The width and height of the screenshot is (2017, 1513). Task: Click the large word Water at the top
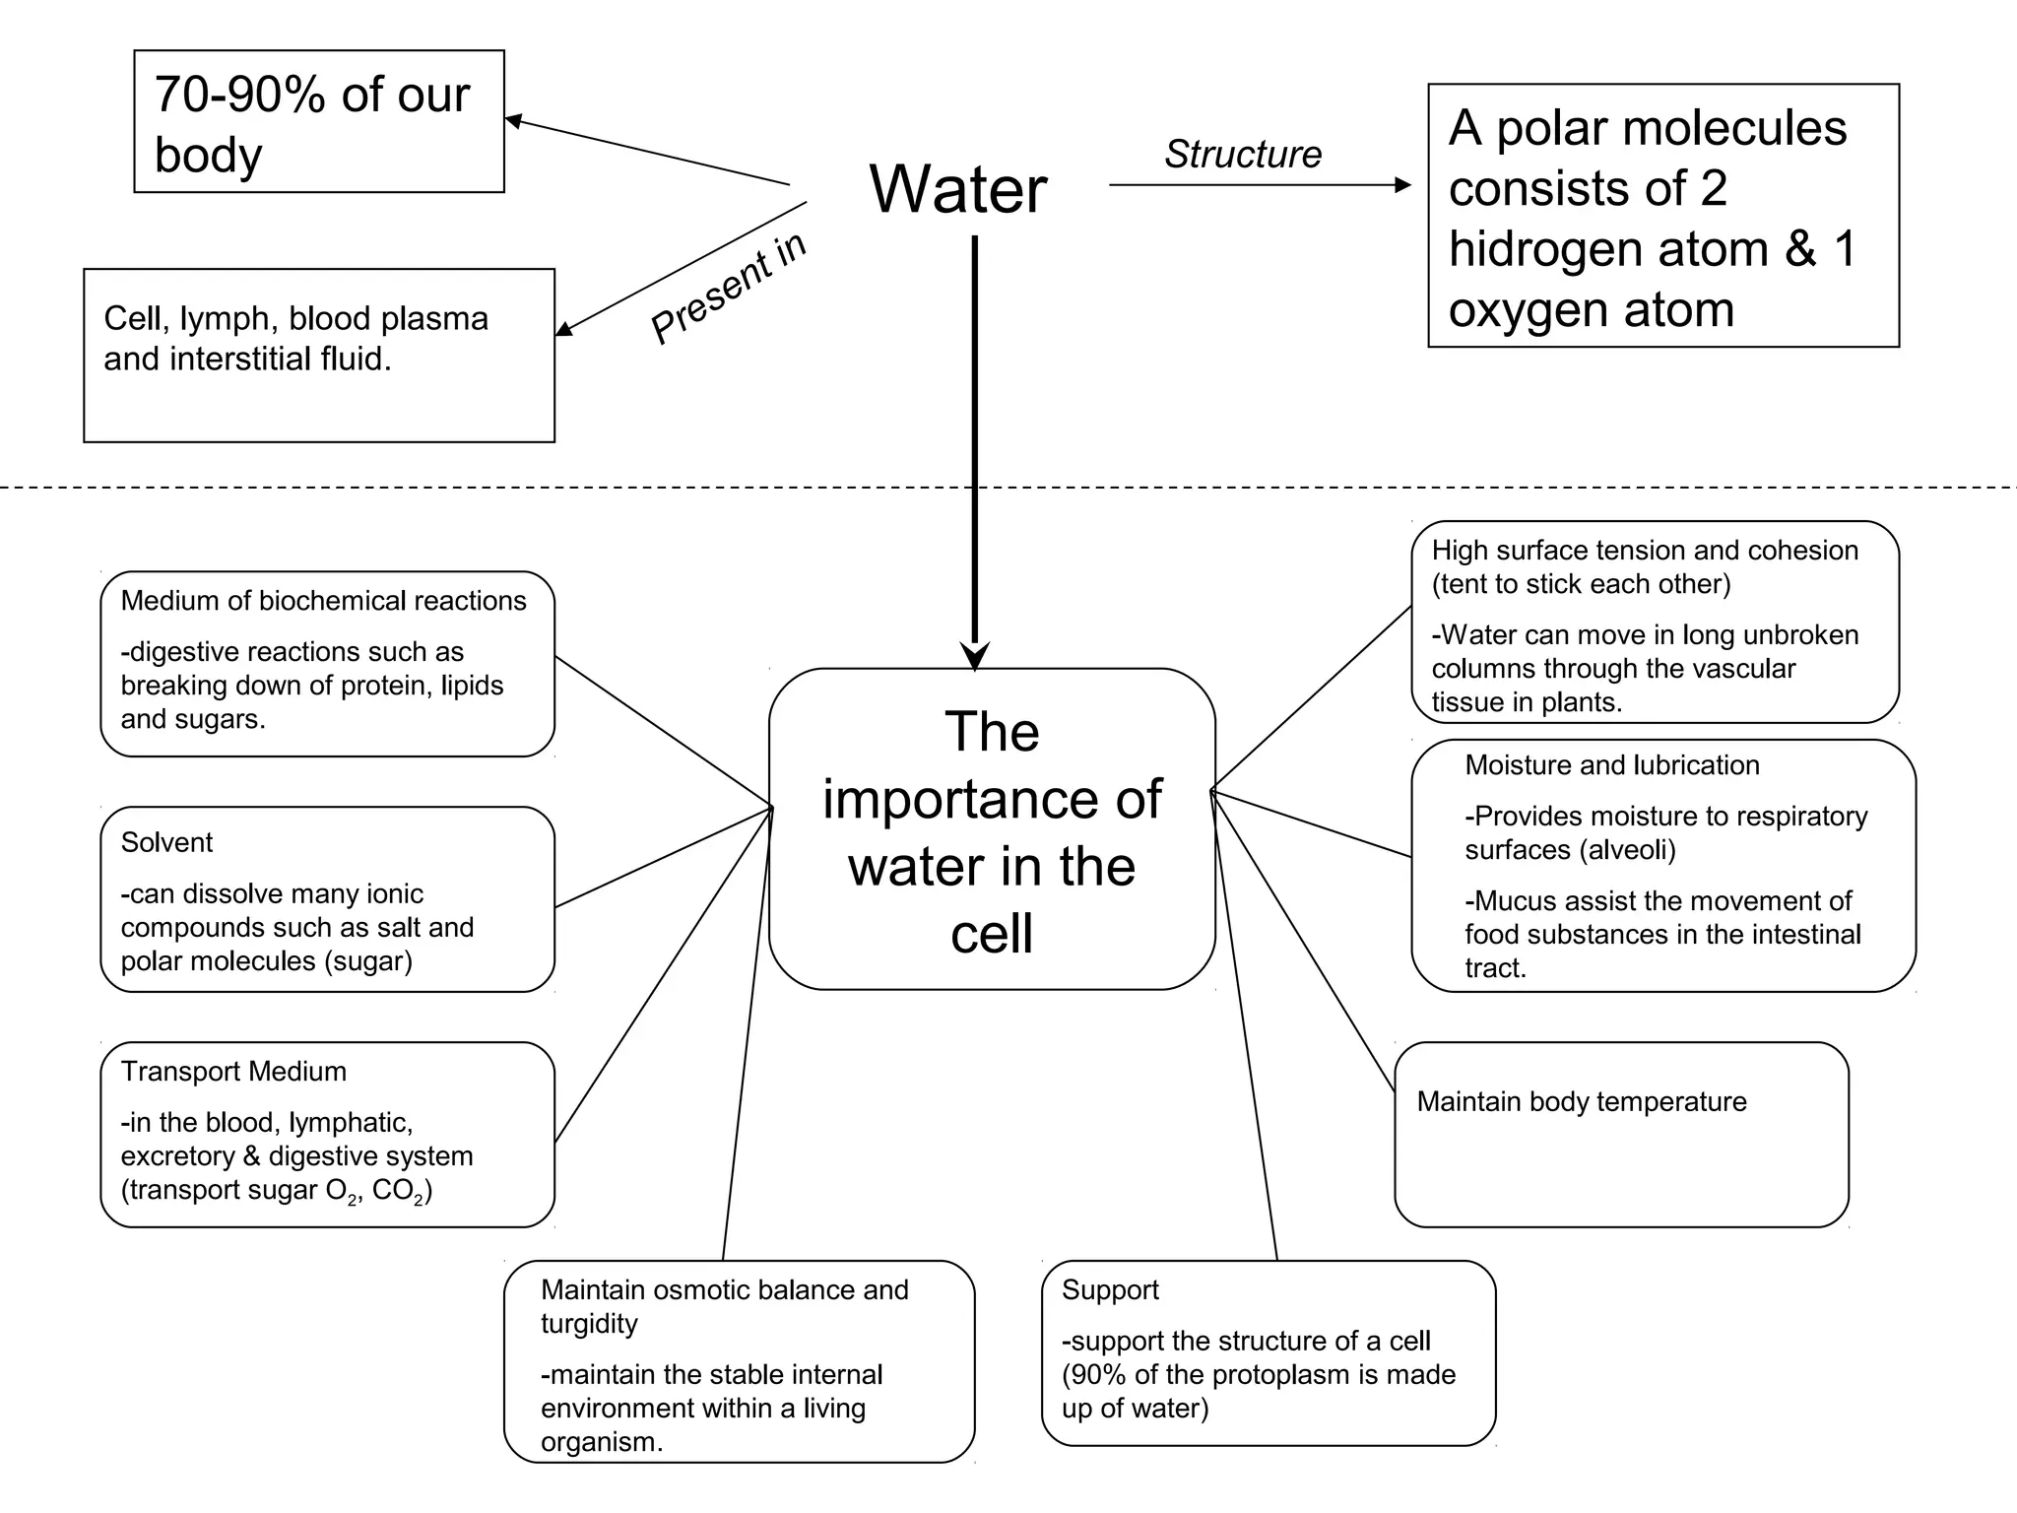957,189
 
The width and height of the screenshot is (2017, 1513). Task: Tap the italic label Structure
1242,155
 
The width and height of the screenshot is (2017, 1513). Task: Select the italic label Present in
729,288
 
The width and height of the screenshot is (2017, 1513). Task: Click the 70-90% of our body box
318,122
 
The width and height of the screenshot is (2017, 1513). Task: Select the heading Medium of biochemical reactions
323,601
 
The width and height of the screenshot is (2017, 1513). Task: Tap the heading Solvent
166,842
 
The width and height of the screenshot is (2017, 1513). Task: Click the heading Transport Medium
233,1072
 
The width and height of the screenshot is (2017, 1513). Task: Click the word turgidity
589,1324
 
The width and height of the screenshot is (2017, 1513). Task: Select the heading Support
1110,1290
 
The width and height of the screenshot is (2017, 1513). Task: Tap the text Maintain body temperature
1581,1101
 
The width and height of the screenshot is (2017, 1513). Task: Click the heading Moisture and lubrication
1611,765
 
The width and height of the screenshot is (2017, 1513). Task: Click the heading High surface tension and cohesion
1644,551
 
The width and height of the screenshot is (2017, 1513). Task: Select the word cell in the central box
991,934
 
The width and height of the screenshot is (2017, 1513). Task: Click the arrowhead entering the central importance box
974,656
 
